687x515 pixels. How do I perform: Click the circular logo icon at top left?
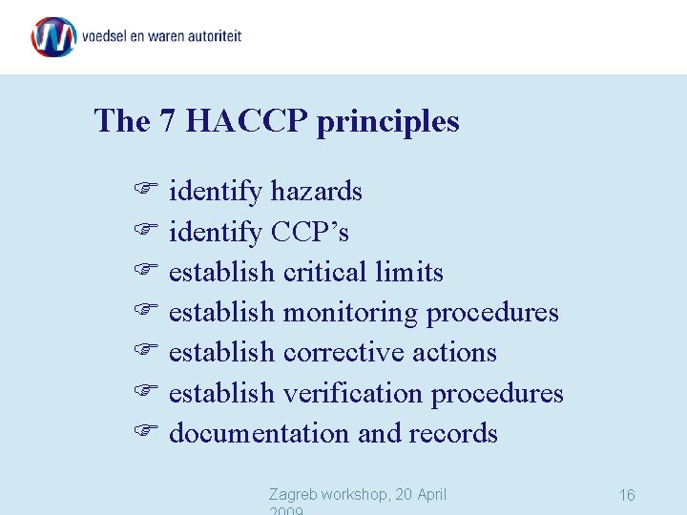point(53,36)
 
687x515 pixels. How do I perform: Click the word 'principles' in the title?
point(387,122)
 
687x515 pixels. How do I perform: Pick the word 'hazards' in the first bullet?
point(316,192)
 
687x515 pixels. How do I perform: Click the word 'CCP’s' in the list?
point(310,232)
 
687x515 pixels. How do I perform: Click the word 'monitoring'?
point(350,314)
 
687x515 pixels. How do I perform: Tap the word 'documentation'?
point(259,434)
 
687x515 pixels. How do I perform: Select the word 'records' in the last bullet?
point(453,434)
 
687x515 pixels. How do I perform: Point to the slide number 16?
point(627,495)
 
